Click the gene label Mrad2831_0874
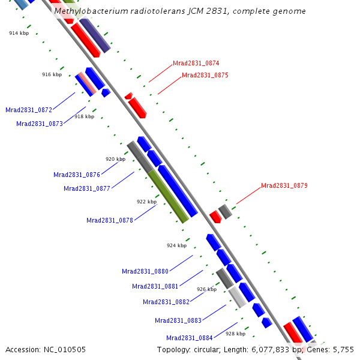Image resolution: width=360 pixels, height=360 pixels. tap(196, 63)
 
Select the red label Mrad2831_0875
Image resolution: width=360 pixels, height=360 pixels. tap(205, 75)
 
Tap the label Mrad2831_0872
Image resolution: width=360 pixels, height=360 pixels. tap(29, 110)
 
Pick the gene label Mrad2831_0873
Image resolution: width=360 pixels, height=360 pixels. tap(40, 124)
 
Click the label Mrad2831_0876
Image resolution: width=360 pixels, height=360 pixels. tap(77, 175)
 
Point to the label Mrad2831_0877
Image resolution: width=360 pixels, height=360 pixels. tap(87, 188)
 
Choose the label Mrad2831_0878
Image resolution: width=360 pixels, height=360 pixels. tap(110, 220)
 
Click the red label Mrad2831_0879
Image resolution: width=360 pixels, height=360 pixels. tap(284, 185)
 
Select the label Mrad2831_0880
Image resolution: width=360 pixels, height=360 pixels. tap(145, 271)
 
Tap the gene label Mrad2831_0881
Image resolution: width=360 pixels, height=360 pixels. tap(155, 286)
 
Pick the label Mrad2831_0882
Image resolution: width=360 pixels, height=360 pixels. tap(166, 302)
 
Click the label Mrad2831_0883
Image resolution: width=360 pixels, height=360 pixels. tap(178, 320)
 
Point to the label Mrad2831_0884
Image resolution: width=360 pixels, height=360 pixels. tap(190, 338)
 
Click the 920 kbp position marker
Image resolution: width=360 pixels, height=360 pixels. tap(115, 159)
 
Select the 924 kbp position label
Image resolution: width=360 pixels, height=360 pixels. tap(176, 245)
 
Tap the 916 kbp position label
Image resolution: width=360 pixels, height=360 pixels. tap(52, 74)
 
